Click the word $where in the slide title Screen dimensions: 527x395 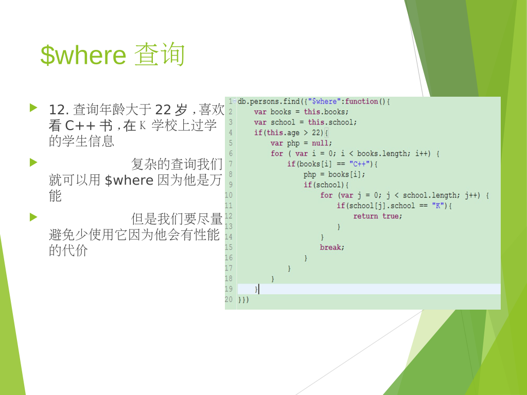(x=83, y=55)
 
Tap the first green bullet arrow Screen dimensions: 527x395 (x=33, y=108)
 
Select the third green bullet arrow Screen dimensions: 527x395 (x=33, y=217)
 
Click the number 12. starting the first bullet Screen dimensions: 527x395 (x=59, y=110)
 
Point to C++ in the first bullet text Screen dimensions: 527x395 (x=80, y=125)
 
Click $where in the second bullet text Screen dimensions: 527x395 (x=129, y=180)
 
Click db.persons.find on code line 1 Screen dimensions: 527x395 (x=269, y=101)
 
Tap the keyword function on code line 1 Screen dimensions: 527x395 (x=362, y=101)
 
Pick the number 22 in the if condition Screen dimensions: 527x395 (x=317, y=133)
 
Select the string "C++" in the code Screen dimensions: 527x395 (x=359, y=164)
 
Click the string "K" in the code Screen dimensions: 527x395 (x=438, y=206)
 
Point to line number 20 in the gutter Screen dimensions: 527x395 (x=229, y=299)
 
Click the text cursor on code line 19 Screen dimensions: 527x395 (x=258, y=289)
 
